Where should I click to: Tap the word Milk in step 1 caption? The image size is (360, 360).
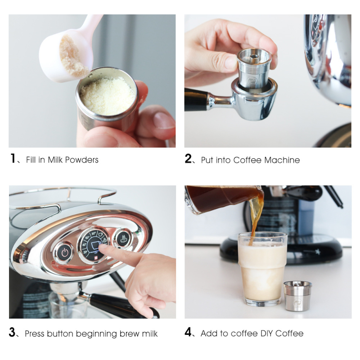55,160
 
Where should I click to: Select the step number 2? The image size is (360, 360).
188,159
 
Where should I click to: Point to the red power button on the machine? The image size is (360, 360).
64,253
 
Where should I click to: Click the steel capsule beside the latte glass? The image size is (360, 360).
297,296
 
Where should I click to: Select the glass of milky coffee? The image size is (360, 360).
262,269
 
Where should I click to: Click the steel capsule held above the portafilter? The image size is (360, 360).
254,68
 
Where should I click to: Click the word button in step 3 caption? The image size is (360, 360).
60,333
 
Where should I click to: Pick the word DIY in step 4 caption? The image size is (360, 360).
267,333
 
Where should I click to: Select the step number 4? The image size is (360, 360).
188,332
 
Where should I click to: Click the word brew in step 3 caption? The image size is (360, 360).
130,333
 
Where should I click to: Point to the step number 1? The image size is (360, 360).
13,158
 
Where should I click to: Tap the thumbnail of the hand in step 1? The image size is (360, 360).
164,120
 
